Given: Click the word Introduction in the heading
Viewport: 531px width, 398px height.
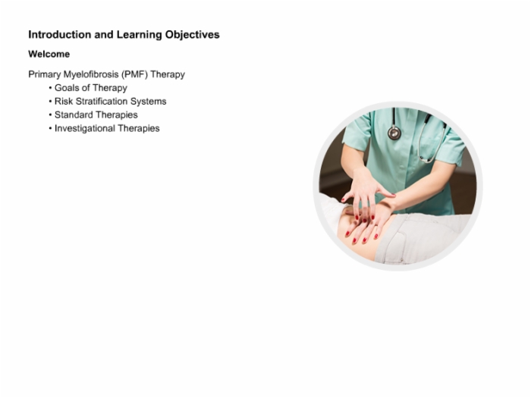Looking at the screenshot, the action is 60,35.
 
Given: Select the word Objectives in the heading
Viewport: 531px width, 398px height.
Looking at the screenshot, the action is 193,35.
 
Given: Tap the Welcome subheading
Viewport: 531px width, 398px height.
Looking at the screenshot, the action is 49,54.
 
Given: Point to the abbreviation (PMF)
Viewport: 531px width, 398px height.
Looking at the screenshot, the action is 135,74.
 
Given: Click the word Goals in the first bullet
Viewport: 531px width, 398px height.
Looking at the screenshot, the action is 67,88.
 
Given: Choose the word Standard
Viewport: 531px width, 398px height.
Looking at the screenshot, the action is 74,115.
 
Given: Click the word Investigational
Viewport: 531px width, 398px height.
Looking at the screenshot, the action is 85,129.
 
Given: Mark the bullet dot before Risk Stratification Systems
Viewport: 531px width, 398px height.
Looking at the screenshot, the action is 51,102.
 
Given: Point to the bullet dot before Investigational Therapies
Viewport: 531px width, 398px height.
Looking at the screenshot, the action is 51,129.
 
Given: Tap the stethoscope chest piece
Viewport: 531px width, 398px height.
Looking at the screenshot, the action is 394,133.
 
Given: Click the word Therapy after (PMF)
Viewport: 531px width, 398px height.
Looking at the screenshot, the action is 168,75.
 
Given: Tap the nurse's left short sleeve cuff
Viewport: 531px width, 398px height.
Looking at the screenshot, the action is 355,143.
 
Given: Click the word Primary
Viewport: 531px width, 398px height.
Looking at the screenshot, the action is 44,75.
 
